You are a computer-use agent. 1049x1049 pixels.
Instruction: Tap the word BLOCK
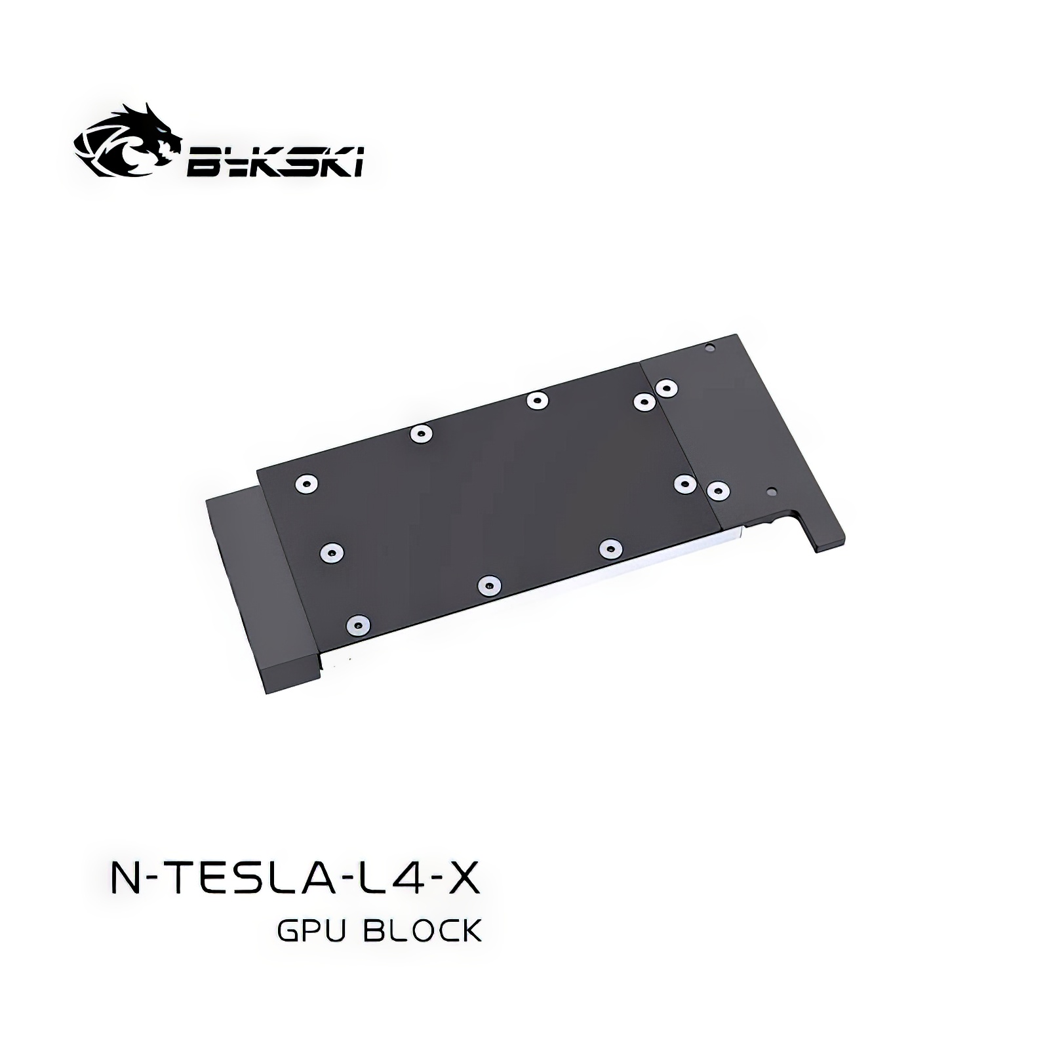tap(422, 931)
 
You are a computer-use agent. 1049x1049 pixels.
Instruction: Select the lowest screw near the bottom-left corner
tap(357, 625)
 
